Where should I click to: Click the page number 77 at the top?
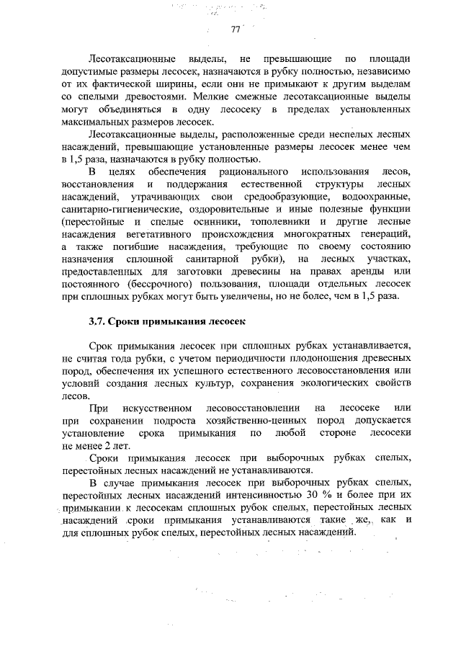[x=235, y=30]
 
